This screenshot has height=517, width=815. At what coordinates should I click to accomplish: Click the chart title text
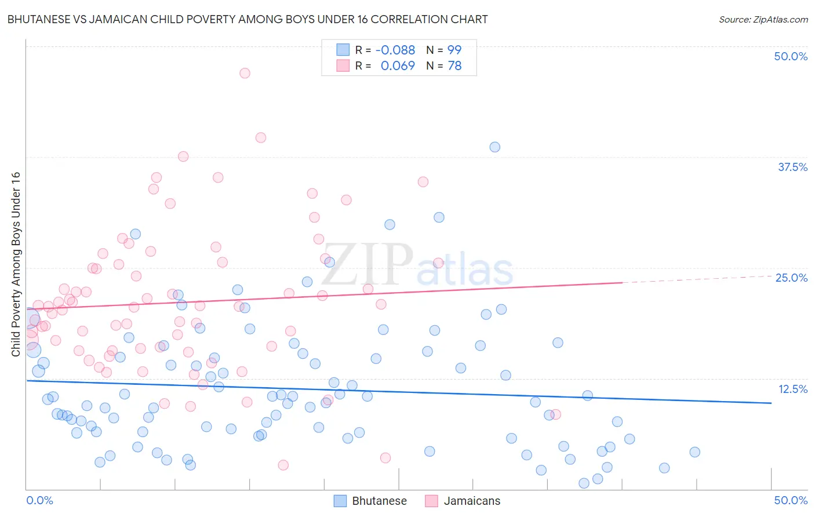[x=248, y=19]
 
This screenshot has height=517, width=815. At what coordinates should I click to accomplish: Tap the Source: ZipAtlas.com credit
[x=763, y=19]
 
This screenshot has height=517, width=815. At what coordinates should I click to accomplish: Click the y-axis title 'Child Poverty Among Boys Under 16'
[x=16, y=264]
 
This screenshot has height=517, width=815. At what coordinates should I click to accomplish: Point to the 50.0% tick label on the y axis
[x=791, y=56]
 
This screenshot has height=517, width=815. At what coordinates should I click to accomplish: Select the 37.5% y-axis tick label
[x=792, y=167]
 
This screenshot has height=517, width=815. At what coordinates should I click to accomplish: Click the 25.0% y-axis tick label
[x=791, y=278]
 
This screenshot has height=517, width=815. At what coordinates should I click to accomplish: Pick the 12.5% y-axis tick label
[x=792, y=389]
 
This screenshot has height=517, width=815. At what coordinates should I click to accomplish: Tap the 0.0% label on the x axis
[x=39, y=500]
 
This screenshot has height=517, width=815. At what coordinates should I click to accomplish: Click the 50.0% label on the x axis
[x=791, y=500]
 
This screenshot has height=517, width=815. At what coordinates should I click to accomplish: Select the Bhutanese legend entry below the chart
[x=371, y=501]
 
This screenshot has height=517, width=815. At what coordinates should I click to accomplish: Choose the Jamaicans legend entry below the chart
[x=463, y=501]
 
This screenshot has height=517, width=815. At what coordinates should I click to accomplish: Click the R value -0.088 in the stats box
[x=395, y=50]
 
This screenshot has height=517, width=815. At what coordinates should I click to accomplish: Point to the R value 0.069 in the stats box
[x=398, y=65]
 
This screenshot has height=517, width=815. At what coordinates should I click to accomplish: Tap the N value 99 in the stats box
[x=454, y=50]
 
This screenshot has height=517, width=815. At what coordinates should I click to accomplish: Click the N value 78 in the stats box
[x=454, y=65]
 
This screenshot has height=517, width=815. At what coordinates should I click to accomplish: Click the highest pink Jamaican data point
[x=245, y=73]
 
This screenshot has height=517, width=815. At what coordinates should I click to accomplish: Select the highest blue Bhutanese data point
[x=494, y=147]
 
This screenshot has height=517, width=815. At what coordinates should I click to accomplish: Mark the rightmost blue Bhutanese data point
[x=694, y=452]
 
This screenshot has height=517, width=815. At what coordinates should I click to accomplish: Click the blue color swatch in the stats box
[x=343, y=50]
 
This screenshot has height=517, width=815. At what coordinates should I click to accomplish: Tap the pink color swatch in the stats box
[x=343, y=65]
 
